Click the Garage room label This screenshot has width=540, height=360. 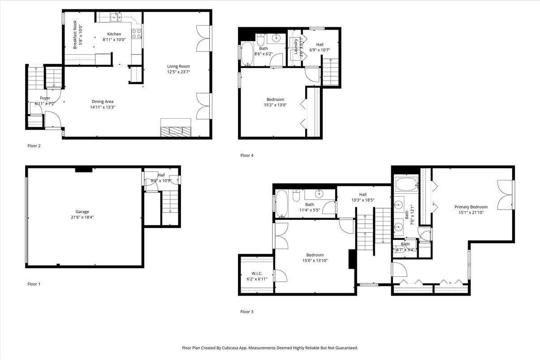coord(82,212)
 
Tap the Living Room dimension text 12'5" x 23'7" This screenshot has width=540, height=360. coord(178,72)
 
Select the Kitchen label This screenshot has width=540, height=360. coord(114,34)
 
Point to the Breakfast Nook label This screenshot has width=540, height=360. coord(75,33)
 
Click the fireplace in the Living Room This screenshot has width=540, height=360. coord(176,131)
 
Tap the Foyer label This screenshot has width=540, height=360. coord(45,98)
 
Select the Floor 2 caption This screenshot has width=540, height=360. coord(34,146)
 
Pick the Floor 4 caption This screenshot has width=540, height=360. coord(246,155)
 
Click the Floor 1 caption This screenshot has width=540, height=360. coord(34,284)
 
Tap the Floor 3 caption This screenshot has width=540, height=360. coord(246,312)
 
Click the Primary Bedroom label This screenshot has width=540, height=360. coord(471,207)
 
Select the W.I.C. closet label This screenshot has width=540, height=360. coord(257,273)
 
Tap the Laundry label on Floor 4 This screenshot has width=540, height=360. coord(296,47)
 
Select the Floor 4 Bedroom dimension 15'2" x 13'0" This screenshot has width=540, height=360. coord(275,105)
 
